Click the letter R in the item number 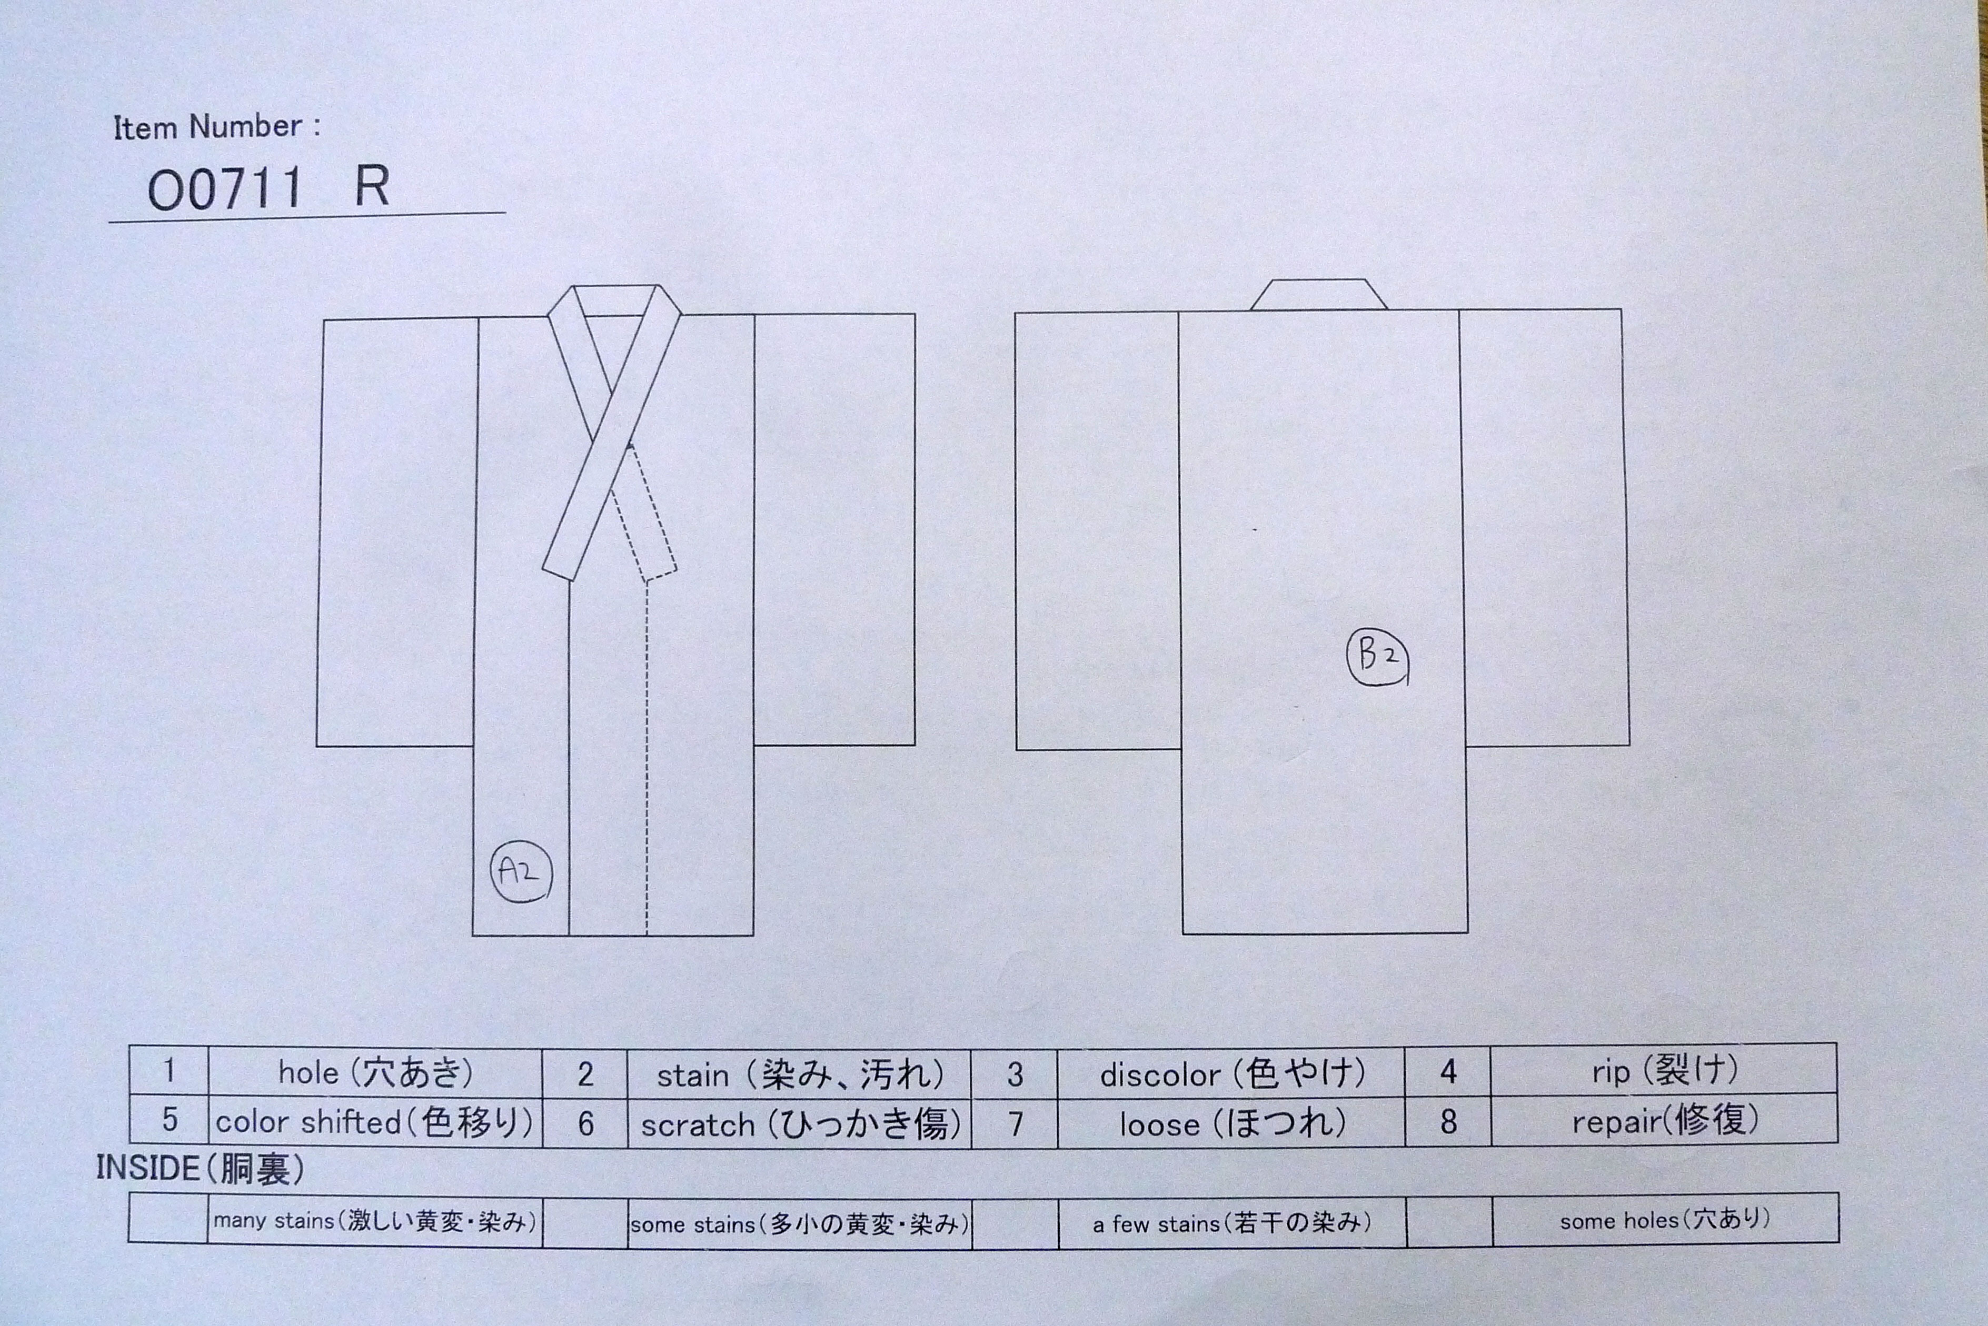pos(371,186)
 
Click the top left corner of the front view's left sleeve pos(324,320)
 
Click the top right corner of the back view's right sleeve pos(1622,309)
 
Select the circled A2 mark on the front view pos(521,871)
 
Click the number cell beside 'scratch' pos(585,1123)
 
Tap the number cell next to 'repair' pos(1448,1120)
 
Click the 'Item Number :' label pos(216,127)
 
